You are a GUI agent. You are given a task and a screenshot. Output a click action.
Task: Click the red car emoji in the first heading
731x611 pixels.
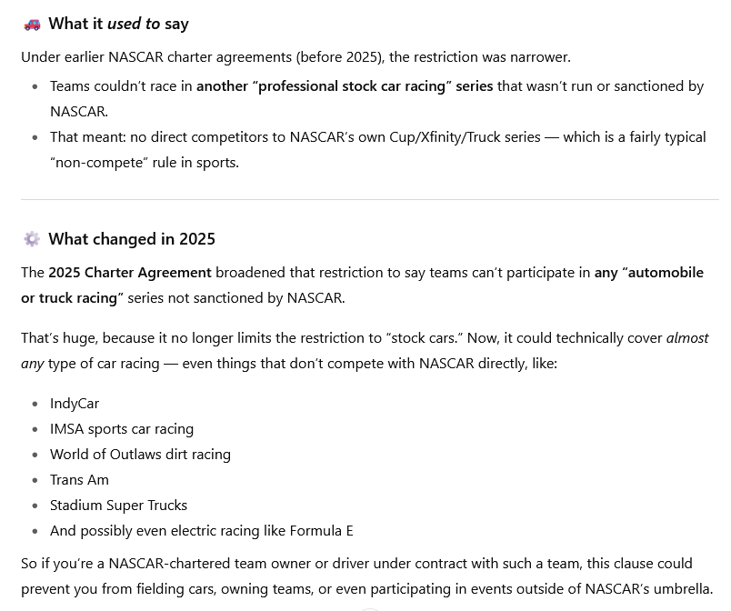pyautogui.click(x=32, y=25)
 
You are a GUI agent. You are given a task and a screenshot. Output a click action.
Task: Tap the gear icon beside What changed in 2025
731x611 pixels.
pyautogui.click(x=32, y=239)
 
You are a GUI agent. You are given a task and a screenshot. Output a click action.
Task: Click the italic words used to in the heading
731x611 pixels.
pyautogui.click(x=134, y=24)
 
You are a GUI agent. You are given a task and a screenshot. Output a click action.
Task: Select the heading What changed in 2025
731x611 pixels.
pyautogui.click(x=132, y=239)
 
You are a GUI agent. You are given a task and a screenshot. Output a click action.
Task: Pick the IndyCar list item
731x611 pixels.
pyautogui.click(x=75, y=403)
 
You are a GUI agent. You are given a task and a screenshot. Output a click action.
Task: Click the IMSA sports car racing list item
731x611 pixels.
pyautogui.click(x=122, y=428)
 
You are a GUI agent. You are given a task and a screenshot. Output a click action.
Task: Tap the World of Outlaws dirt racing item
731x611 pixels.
pyautogui.click(x=140, y=454)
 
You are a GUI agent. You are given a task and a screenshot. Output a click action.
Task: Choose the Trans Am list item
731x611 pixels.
pyautogui.click(x=79, y=479)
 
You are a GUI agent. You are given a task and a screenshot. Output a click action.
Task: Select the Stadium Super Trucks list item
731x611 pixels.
pyautogui.click(x=118, y=505)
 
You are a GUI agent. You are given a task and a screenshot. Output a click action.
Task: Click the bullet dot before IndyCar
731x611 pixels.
pyautogui.click(x=35, y=404)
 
